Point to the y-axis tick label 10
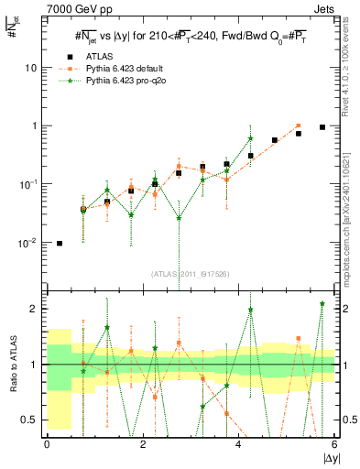[x=33, y=68]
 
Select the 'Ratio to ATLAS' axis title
[x=13, y=365]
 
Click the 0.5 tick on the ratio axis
[x=31, y=420]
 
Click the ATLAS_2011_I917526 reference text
[x=191, y=273]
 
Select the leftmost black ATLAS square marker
[x=60, y=244]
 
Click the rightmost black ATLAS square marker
[x=322, y=127]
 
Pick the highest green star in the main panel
[x=250, y=138]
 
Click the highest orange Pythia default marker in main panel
[x=299, y=125]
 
